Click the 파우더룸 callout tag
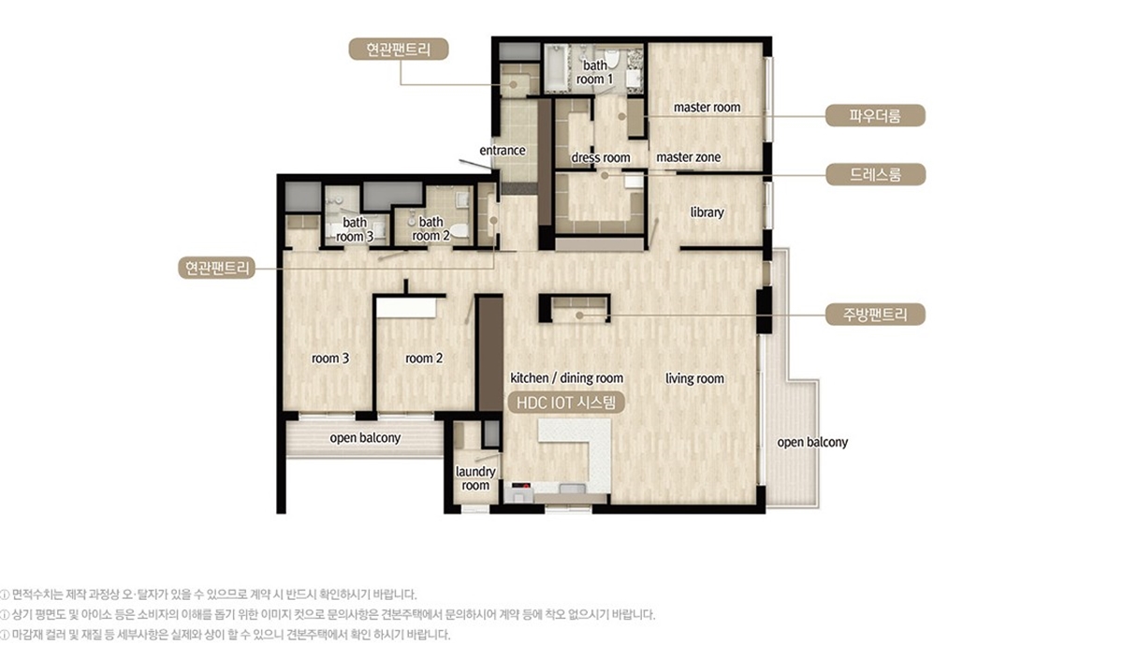875,116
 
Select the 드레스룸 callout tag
875,174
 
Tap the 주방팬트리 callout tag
875,314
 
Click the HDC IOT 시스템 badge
566,401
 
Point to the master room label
707,108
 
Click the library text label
707,213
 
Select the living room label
694,379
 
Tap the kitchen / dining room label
566,378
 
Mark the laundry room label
475,478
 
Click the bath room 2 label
431,229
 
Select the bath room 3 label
355,229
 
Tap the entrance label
503,151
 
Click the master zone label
688,157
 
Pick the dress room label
600,157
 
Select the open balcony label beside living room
812,442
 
